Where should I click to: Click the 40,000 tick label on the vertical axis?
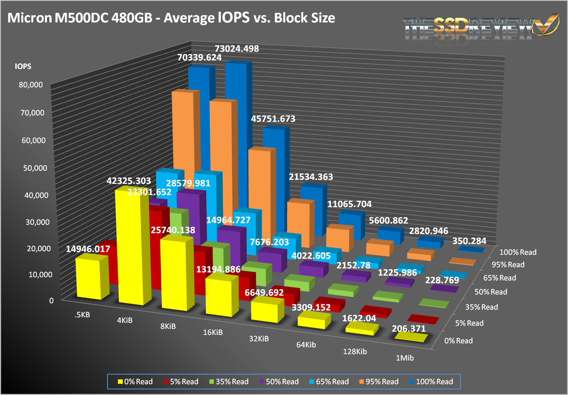click(34, 195)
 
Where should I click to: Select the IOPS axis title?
click(23, 67)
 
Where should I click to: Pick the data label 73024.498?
click(237, 49)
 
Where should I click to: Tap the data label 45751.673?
click(273, 119)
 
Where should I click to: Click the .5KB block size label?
click(82, 315)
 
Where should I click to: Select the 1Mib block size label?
click(404, 358)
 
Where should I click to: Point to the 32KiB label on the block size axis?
click(259, 339)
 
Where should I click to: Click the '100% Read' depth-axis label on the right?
click(517, 252)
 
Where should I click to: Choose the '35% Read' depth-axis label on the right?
click(481, 307)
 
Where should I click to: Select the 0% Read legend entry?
click(135, 382)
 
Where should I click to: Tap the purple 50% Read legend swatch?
click(262, 382)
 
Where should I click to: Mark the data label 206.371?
click(408, 329)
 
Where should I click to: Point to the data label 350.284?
click(469, 241)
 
